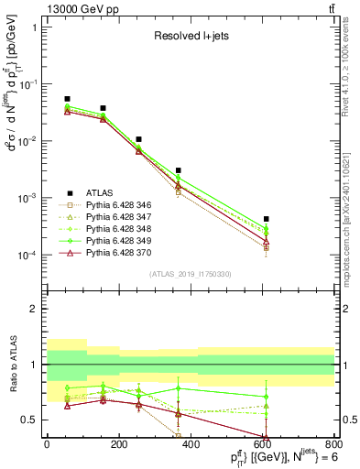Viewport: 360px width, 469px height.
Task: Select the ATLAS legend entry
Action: (104, 192)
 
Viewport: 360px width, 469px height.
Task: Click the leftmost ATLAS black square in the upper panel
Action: (67, 99)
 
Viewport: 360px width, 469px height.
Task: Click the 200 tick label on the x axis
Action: (118, 446)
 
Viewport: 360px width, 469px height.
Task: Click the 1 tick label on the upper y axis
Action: (36, 27)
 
